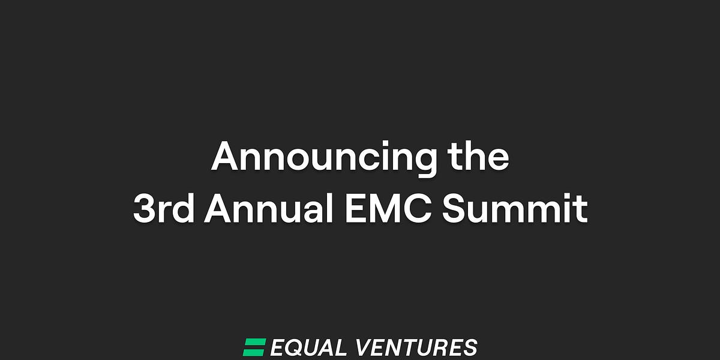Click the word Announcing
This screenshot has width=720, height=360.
(323, 158)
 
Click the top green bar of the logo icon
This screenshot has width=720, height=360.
(255, 342)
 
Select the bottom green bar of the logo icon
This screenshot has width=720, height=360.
(253, 352)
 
